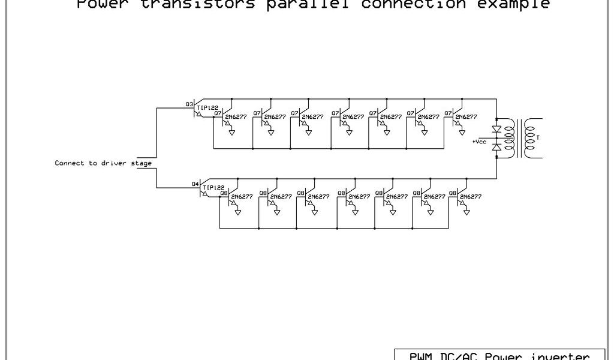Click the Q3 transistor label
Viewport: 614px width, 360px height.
[188, 104]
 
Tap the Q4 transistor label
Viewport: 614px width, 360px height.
[194, 184]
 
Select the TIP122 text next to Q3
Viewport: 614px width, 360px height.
[207, 108]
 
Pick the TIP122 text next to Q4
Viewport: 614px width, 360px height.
[213, 188]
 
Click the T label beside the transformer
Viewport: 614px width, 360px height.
[538, 137]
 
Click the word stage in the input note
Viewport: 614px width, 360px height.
[142, 163]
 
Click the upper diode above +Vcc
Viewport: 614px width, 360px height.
[496, 129]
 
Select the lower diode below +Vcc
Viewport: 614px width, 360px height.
[496, 147]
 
